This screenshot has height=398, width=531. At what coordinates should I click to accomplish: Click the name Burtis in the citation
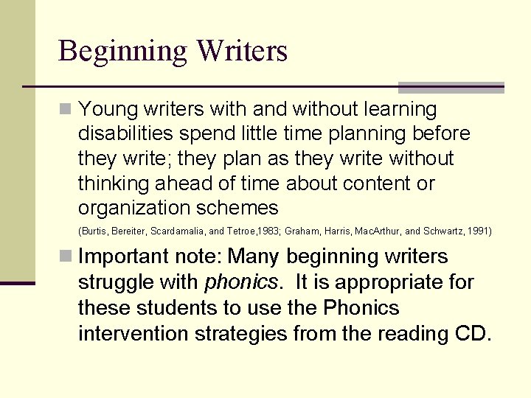point(92,231)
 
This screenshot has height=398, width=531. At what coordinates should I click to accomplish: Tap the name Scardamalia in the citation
point(178,231)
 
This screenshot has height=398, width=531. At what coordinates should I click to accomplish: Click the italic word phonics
point(241,282)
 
